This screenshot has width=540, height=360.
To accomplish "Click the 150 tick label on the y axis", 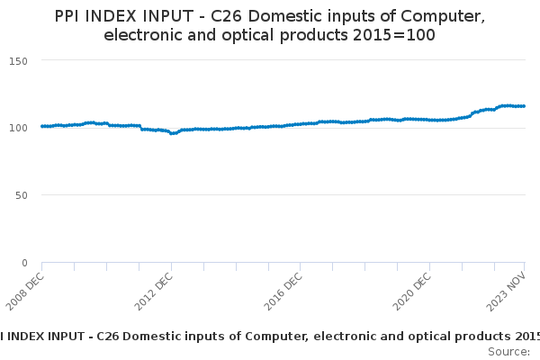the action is pos(18,61).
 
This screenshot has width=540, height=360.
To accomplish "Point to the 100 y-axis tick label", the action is pos(18,128).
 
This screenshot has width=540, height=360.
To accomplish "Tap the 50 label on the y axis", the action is pos(22,195).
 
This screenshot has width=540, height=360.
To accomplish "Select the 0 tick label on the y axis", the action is pos(24,263).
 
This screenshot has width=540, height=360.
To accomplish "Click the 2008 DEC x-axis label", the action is pos(25,291).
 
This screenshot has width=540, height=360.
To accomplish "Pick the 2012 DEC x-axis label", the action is pos(153,291).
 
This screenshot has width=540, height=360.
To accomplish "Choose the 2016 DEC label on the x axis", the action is pos(283,291).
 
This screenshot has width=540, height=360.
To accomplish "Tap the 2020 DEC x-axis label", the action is pos(412,291).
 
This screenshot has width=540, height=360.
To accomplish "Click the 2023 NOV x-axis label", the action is pos(506,292).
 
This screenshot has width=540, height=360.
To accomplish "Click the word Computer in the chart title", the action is pos(443,16).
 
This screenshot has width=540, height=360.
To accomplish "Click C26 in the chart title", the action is pos(226,16).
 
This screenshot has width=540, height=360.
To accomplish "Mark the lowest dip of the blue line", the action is pos(172,133).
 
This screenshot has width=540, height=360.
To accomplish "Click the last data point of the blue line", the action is pos(524,106).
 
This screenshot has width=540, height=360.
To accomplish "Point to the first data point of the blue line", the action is pos(42,126).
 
